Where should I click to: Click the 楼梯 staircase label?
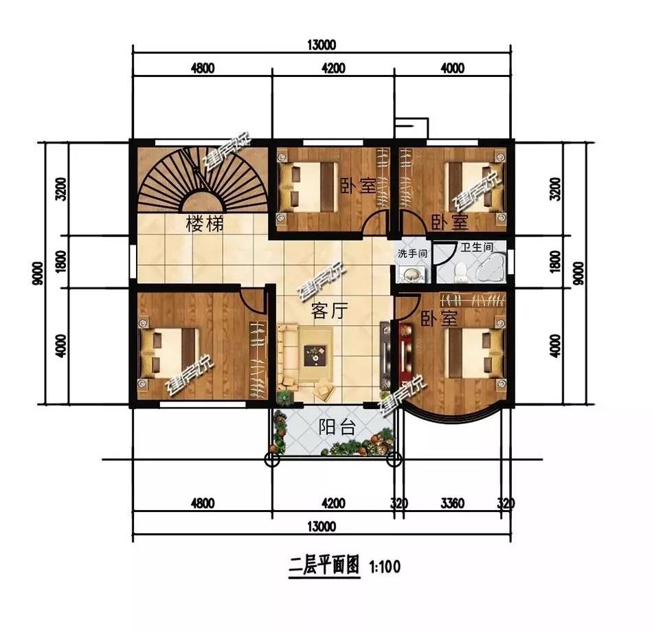[x=205, y=225]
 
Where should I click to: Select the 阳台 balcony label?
[x=337, y=427]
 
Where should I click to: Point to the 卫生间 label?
[x=477, y=247]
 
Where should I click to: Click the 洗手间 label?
[x=412, y=254]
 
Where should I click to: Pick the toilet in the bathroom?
[x=461, y=272]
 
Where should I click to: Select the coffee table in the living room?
[x=315, y=355]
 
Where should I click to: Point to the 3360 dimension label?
[x=453, y=504]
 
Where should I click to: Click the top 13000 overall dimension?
[x=322, y=45]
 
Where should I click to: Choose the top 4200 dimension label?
[x=333, y=67]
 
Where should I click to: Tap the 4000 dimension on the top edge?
[x=453, y=67]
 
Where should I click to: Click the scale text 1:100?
[x=385, y=566]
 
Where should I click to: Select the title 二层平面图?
[x=324, y=566]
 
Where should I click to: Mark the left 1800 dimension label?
[x=61, y=262]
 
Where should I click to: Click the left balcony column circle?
[x=272, y=460]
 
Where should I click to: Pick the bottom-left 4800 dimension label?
[x=203, y=504]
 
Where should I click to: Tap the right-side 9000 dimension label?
[x=579, y=274]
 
